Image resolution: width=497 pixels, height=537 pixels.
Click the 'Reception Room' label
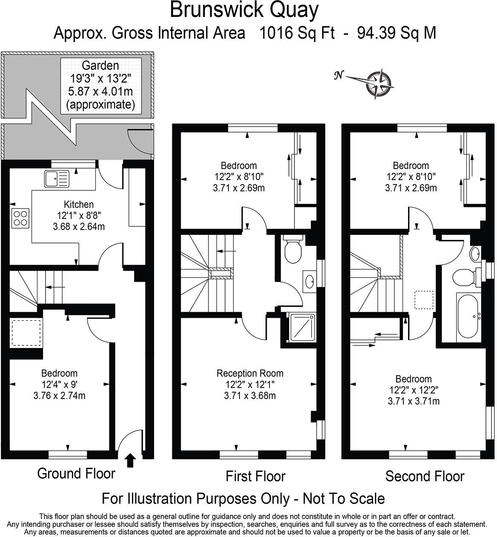[x=250, y=373]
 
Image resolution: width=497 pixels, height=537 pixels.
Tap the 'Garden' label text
[x=100, y=65]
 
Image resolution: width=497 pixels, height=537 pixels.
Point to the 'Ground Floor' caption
[x=76, y=473]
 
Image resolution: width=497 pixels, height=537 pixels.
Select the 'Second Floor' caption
[x=425, y=476]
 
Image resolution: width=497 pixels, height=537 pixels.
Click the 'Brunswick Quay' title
[x=244, y=10]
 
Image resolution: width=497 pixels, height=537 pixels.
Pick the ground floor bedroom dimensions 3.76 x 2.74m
[x=59, y=396]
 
